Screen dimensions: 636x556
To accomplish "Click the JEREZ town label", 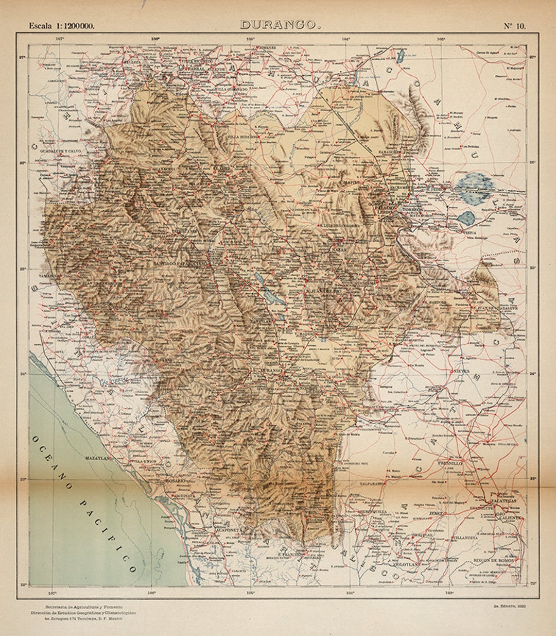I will [x=435, y=514].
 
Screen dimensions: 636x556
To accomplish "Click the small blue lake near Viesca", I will [x=466, y=217].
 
